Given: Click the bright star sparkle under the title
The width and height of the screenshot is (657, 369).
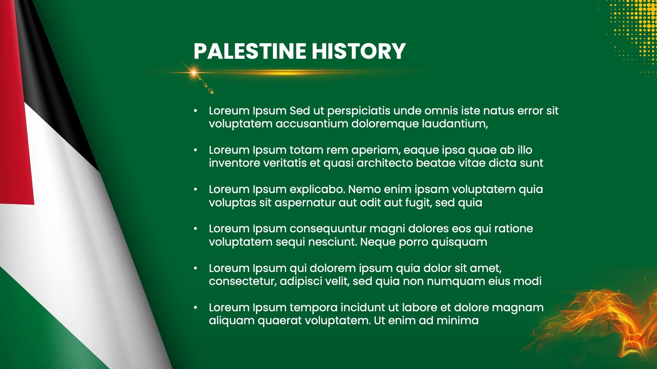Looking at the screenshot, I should coord(194,72).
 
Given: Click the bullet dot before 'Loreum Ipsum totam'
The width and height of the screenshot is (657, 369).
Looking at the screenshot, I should coord(196,150).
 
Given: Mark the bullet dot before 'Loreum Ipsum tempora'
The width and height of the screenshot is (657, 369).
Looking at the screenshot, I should coord(196,307).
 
